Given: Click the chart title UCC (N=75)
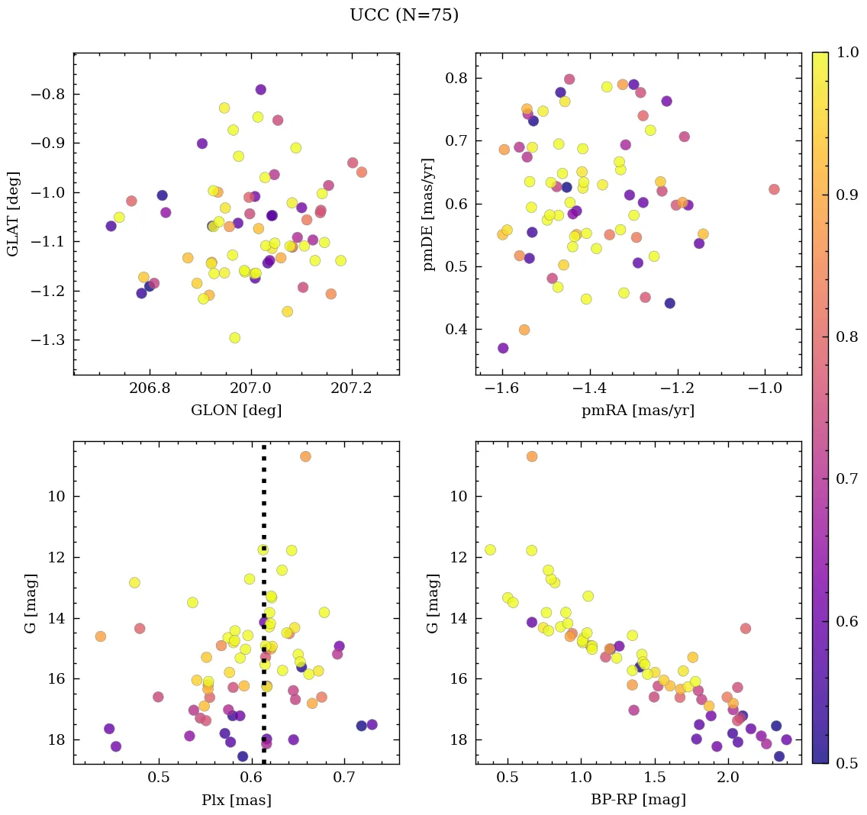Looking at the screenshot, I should pyautogui.click(x=404, y=15).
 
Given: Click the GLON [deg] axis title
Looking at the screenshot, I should pyautogui.click(x=236, y=411).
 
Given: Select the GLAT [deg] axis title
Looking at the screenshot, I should pyautogui.click(x=13, y=214).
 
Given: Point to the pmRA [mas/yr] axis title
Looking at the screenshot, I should pyautogui.click(x=638, y=411).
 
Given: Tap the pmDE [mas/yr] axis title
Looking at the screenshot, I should pyautogui.click(x=429, y=214).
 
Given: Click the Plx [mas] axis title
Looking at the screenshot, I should pyautogui.click(x=236, y=800).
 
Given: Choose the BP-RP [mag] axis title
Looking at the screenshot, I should pyautogui.click(x=638, y=800).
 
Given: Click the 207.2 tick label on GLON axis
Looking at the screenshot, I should pyautogui.click(x=352, y=388).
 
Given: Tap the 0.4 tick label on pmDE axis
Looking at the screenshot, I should pyautogui.click(x=456, y=330).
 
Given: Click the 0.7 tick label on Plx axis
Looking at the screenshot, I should pyautogui.click(x=344, y=778).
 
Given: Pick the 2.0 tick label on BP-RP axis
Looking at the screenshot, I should pyautogui.click(x=728, y=778).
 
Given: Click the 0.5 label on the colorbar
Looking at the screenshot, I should pyautogui.click(x=847, y=763).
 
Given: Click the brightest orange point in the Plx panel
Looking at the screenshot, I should pyautogui.click(x=305, y=456).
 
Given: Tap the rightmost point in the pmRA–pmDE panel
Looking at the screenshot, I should pyautogui.click(x=774, y=189).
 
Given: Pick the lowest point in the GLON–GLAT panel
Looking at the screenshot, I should pyautogui.click(x=234, y=337).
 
